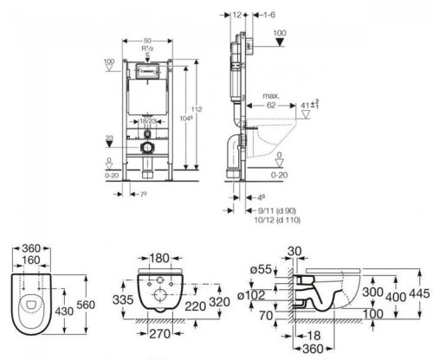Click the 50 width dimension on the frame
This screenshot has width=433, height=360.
[149, 42]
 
